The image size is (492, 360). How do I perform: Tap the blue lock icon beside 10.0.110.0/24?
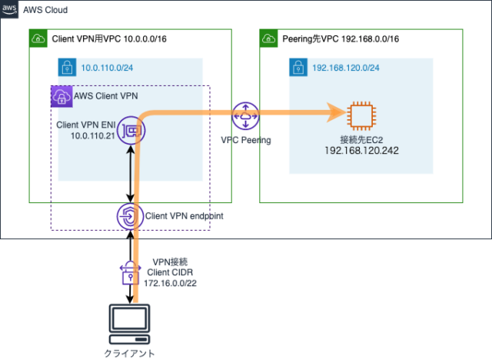point(67,67)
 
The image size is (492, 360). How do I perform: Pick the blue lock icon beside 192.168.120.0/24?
point(298,67)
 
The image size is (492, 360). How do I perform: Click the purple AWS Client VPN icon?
point(60,96)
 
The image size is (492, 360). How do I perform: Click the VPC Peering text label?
point(246,142)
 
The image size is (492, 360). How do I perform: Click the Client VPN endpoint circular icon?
point(128,217)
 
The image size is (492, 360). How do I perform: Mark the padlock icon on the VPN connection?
point(128,272)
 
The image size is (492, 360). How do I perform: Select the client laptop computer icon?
point(128,324)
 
